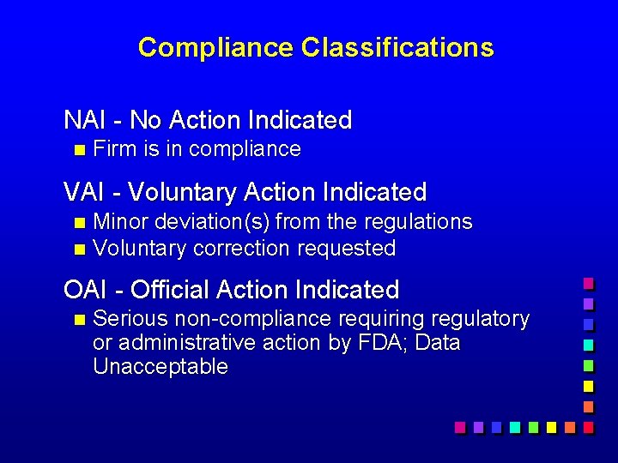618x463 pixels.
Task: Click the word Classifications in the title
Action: (397, 47)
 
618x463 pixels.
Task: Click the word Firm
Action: (115, 149)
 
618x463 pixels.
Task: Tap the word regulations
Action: (418, 222)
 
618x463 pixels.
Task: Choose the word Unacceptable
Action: (161, 367)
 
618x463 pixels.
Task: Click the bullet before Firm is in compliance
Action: (80, 150)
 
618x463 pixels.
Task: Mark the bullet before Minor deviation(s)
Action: (80, 223)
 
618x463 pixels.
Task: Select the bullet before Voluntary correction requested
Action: (80, 250)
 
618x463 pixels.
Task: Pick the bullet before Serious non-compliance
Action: (80, 320)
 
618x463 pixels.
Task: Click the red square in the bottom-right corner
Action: (588, 426)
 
